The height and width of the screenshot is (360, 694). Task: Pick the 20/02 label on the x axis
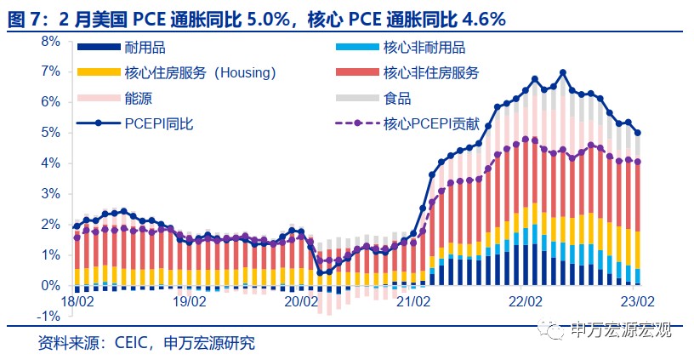tap(301, 301)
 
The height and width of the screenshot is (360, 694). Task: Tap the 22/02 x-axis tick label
tap(525, 301)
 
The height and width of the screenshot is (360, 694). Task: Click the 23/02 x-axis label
tap(637, 301)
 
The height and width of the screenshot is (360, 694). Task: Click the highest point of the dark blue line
tap(563, 72)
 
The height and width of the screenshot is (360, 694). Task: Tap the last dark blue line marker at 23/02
tap(638, 132)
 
